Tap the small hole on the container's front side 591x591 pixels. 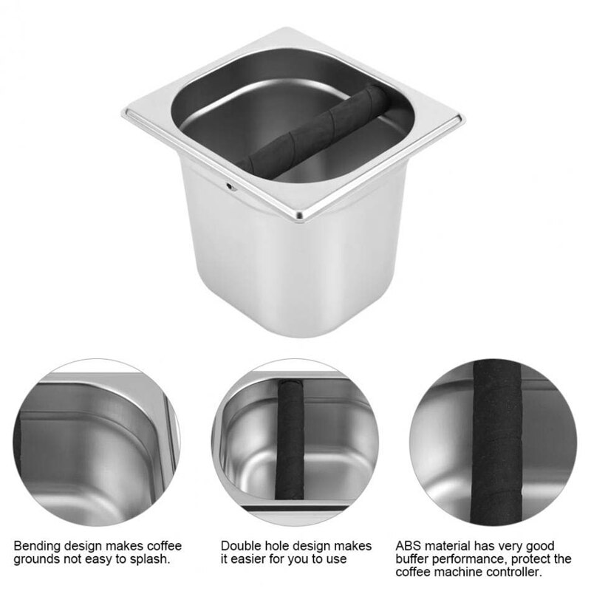coord(231,187)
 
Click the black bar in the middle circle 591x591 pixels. coord(290,443)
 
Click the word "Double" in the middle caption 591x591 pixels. coord(240,546)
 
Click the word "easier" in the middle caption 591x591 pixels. coord(245,559)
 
